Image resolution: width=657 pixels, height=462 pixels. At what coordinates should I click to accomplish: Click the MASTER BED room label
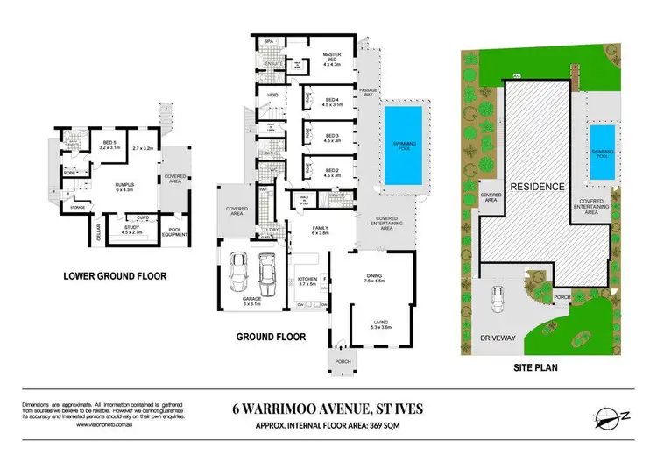click(x=331, y=58)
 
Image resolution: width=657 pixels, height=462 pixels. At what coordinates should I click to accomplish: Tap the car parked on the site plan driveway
click(x=498, y=302)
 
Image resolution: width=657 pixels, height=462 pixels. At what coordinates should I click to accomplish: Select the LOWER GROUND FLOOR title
click(x=114, y=276)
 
